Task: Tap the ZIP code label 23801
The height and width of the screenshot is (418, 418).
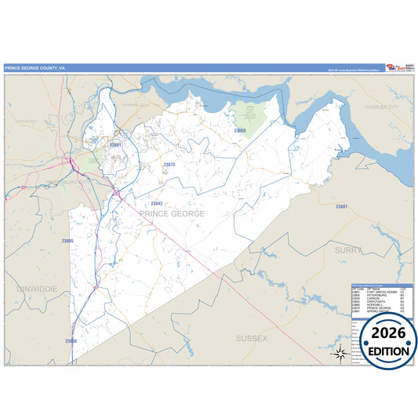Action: (x=116, y=145)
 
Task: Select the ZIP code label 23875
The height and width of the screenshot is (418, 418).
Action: (x=169, y=165)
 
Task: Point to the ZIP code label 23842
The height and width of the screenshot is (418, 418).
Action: (x=157, y=203)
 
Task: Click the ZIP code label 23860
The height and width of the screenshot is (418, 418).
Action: (x=240, y=130)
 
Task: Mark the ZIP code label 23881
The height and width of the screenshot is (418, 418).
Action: (x=341, y=206)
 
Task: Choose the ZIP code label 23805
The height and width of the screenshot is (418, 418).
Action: (x=67, y=241)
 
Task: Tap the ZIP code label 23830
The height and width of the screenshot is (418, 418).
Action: (x=71, y=341)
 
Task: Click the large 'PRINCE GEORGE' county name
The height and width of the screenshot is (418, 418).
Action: (x=173, y=213)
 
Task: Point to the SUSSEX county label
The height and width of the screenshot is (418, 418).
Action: (x=252, y=338)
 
